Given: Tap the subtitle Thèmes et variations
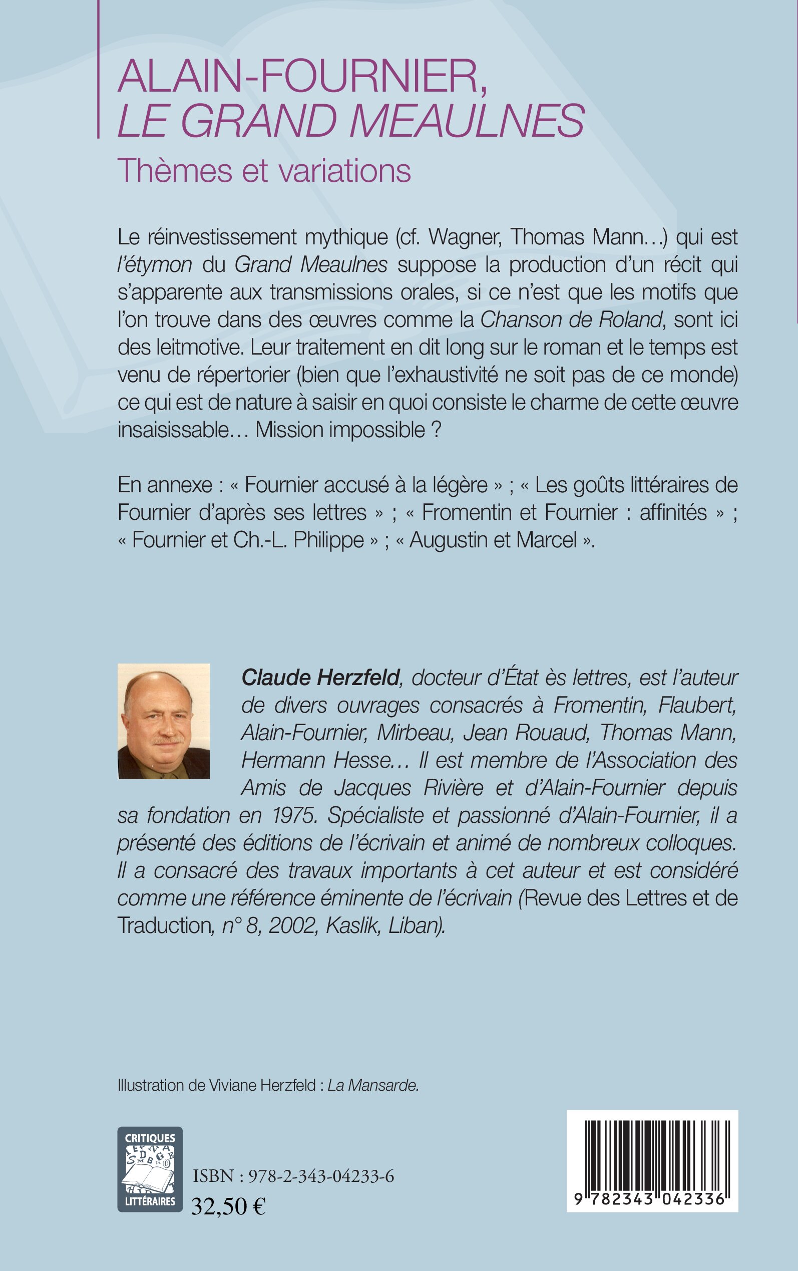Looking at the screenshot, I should pos(264,170).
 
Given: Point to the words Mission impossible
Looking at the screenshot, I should pos(340,430).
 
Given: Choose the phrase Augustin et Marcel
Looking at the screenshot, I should pos(493,540).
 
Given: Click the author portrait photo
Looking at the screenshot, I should pos(164,721).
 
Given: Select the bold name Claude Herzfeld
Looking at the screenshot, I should pos(320,678).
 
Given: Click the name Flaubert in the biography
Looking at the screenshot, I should pos(697,705).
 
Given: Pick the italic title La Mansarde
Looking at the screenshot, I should pos(373,1085).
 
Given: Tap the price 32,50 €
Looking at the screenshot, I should pos(228,1206).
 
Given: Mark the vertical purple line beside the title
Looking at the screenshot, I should pos(99,69).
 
